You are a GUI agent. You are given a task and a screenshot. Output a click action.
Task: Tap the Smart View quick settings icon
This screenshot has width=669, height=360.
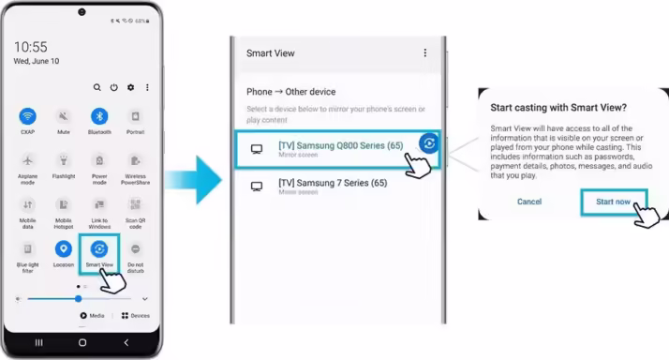(x=99, y=249)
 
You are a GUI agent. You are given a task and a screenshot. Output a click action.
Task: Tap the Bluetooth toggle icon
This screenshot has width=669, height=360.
(x=99, y=116)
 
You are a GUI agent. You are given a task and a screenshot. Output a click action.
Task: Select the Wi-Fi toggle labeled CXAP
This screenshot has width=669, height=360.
(x=28, y=116)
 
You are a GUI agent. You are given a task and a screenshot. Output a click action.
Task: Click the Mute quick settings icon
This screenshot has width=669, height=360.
(x=64, y=116)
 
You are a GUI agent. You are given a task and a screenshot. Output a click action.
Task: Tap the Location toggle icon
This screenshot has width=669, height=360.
(x=64, y=249)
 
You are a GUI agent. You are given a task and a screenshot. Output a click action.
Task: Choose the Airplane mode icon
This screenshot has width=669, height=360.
(x=28, y=160)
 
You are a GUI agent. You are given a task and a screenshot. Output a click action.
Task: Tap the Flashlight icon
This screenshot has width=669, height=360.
(x=64, y=160)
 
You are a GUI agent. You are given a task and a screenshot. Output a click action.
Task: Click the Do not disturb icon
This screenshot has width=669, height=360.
(x=136, y=249)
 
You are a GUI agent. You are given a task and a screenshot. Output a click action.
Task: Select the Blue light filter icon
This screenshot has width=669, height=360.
(x=28, y=249)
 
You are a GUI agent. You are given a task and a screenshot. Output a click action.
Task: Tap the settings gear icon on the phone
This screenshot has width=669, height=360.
(x=130, y=87)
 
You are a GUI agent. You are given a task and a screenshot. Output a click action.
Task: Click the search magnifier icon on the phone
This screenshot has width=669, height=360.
(x=97, y=87)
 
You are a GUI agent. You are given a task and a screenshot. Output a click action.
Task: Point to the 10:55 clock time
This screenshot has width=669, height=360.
(x=31, y=47)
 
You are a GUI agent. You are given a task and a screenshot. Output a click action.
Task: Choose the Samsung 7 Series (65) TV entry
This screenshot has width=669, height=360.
(x=333, y=186)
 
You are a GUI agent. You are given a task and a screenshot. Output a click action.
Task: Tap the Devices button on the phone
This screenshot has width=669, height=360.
(x=135, y=316)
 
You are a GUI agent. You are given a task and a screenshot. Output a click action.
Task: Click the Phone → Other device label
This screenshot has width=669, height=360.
(x=290, y=92)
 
